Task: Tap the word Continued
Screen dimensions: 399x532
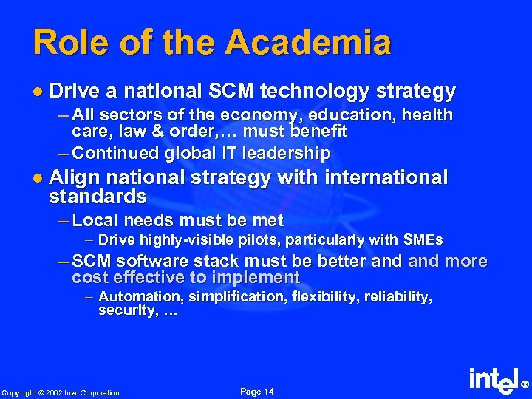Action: tap(117, 153)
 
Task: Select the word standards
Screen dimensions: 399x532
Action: tap(98, 197)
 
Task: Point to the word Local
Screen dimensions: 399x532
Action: tap(98, 220)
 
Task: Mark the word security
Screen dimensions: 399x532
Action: tap(123, 311)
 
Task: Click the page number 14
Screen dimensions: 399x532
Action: tap(267, 391)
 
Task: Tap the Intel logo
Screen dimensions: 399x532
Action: tap(494, 381)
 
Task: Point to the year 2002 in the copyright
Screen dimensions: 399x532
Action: tap(54, 392)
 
